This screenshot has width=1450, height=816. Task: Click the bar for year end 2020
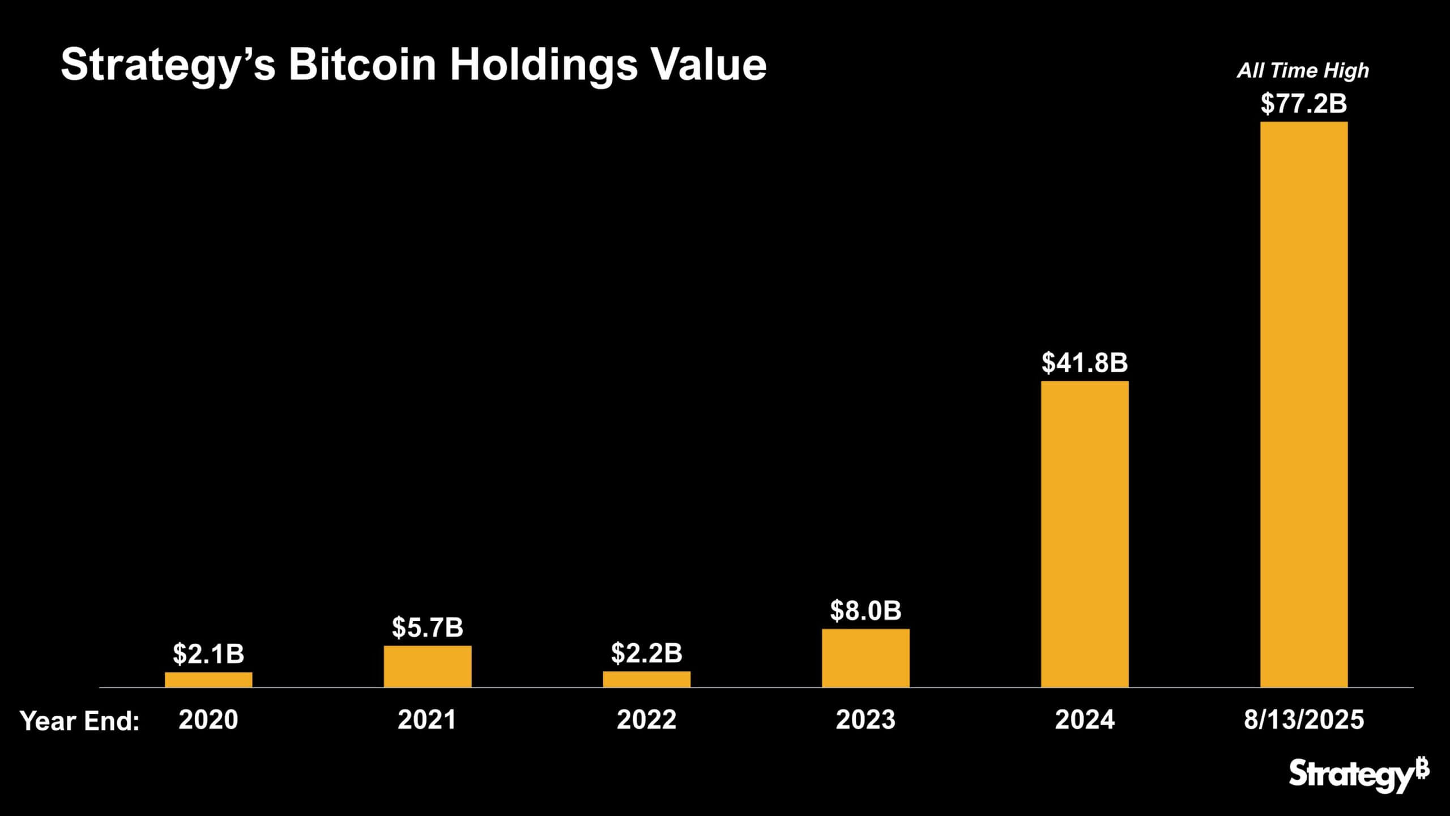[x=208, y=679]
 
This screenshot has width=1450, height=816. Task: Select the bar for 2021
[x=428, y=666]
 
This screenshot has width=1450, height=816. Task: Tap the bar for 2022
[x=647, y=679]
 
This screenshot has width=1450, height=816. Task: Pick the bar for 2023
[x=865, y=658]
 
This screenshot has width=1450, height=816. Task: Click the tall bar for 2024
[x=1085, y=534]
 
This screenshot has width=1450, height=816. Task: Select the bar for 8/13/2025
[x=1304, y=405]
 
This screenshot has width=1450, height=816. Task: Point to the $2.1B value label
[x=208, y=653]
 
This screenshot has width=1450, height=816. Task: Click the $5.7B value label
[x=428, y=627]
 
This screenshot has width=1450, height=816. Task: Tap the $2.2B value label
[x=647, y=653]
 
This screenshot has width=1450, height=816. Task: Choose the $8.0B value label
[x=865, y=610]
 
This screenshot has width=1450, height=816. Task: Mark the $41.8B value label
[x=1085, y=363]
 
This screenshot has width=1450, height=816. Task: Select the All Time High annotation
[x=1303, y=71]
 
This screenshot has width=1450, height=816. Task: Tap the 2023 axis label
[x=865, y=720]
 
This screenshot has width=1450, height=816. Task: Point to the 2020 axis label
[x=208, y=720]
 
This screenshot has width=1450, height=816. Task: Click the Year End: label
[x=80, y=721]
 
